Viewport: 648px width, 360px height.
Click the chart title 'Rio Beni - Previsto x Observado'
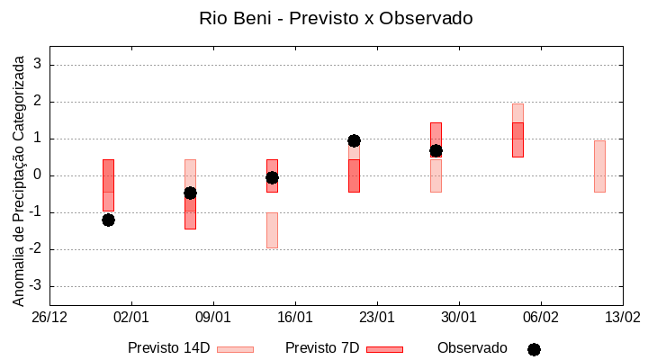(336, 18)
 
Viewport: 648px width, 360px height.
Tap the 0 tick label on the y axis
(38, 175)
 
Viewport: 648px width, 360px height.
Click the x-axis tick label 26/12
(49, 318)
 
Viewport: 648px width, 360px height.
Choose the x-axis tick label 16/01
(295, 318)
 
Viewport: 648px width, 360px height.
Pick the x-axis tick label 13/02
(622, 318)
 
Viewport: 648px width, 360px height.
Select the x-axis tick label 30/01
(459, 318)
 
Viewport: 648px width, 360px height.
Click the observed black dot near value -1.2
(108, 220)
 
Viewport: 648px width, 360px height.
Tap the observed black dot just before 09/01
(190, 193)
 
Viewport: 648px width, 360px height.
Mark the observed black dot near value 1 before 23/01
(354, 140)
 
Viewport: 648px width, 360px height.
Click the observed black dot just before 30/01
(436, 150)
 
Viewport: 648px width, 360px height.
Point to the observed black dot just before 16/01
(272, 177)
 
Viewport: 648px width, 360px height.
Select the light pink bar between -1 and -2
(272, 229)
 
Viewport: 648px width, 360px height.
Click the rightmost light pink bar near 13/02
(599, 166)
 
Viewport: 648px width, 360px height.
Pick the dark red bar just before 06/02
(517, 139)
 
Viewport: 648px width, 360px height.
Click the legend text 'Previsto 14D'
(169, 347)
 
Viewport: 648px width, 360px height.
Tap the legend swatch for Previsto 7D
(384, 348)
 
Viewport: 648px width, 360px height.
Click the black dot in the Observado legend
(534, 349)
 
